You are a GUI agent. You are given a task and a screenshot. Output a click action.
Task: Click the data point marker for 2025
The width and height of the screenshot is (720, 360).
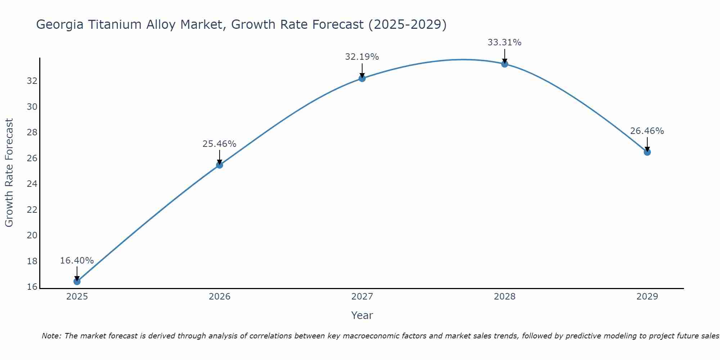click(77, 282)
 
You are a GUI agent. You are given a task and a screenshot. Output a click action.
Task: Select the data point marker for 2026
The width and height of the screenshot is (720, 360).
click(220, 165)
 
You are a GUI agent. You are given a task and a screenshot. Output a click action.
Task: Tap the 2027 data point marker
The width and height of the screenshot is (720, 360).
click(362, 78)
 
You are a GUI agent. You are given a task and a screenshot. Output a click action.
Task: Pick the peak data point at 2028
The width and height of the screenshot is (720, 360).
click(505, 64)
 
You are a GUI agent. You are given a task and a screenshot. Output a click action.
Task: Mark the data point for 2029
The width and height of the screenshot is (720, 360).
click(647, 152)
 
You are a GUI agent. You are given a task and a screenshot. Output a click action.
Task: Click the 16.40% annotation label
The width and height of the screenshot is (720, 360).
click(77, 261)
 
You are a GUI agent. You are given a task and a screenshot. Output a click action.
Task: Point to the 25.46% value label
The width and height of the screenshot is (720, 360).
click(220, 144)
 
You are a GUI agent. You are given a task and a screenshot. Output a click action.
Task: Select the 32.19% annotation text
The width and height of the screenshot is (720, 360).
click(362, 57)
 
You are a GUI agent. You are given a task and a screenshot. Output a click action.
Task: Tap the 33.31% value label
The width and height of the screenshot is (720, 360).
click(505, 42)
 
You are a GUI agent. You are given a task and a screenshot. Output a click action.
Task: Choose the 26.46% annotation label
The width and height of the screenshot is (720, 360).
click(647, 131)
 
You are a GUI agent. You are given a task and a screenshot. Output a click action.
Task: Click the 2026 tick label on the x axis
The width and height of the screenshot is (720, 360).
click(220, 297)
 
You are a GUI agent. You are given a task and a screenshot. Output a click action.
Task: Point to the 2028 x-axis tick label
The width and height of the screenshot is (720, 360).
click(505, 297)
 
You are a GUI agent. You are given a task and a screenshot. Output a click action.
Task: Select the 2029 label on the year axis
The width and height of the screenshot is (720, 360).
click(647, 297)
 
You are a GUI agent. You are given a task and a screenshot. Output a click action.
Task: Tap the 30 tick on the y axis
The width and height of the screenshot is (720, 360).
click(32, 107)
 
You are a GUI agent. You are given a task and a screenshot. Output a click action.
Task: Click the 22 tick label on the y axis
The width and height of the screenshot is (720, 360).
click(32, 210)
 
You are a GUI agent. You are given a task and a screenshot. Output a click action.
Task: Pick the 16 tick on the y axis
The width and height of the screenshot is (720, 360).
click(32, 287)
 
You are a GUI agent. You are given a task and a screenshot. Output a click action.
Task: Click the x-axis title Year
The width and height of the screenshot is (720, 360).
click(362, 315)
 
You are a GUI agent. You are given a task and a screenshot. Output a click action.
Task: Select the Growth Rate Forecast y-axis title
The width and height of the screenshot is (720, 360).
click(9, 173)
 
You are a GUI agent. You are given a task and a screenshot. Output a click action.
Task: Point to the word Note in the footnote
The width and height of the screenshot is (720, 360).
click(51, 336)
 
